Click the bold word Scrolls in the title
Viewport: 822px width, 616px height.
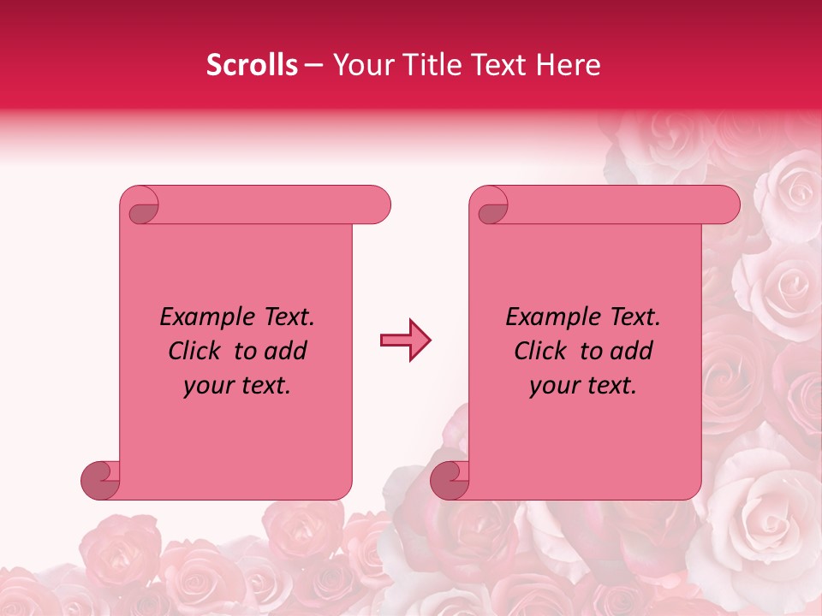coord(253,65)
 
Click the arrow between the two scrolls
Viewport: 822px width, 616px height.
coord(406,341)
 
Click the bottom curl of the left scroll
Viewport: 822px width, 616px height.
coord(100,479)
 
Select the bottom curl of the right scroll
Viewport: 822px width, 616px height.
coord(450,479)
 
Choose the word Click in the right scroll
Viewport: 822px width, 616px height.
coord(540,351)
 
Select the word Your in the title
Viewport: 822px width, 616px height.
coord(359,65)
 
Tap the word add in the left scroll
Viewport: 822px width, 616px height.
coord(285,351)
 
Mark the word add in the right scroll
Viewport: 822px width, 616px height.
coord(631,351)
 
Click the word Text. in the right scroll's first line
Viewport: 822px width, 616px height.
coord(634,317)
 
